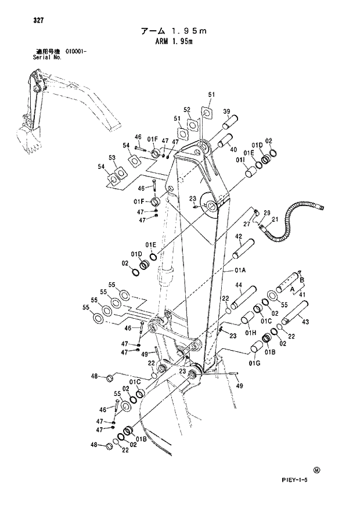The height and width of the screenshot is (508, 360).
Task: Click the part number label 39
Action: point(226,111)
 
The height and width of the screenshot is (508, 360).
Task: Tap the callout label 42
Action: point(238,236)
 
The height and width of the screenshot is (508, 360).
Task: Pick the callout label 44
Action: point(238,285)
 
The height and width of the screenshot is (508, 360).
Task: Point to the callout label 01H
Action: point(250,332)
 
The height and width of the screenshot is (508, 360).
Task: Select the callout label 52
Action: point(187,109)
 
